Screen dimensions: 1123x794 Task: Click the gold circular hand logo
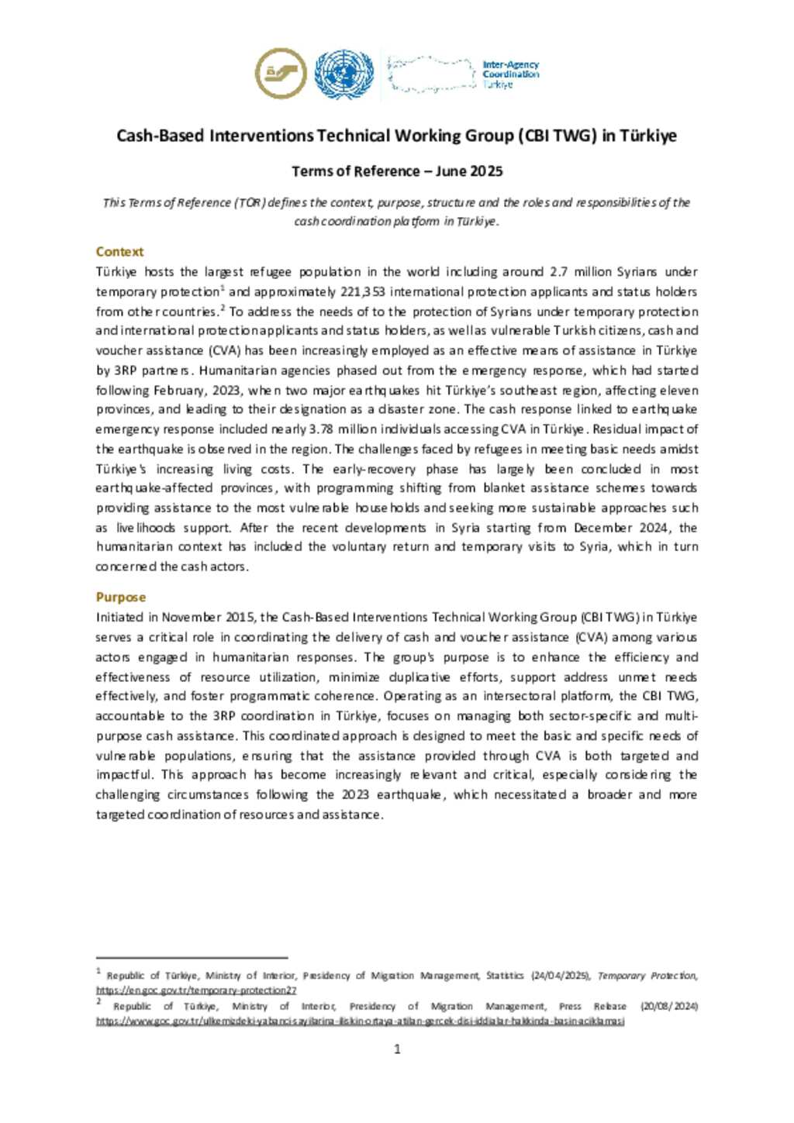coord(280,74)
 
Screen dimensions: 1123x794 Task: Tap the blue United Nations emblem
coord(343,74)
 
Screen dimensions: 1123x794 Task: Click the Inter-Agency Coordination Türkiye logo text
coord(510,74)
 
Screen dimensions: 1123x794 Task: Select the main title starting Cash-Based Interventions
coord(396,136)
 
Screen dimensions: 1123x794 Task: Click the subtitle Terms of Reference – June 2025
coord(397,171)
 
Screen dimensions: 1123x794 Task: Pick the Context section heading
coord(119,252)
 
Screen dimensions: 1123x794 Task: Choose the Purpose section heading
coord(120,598)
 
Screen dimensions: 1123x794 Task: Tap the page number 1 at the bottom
coord(397,1049)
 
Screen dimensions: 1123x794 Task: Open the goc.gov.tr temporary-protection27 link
coord(196,990)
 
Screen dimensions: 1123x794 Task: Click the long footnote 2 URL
coord(360,1021)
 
